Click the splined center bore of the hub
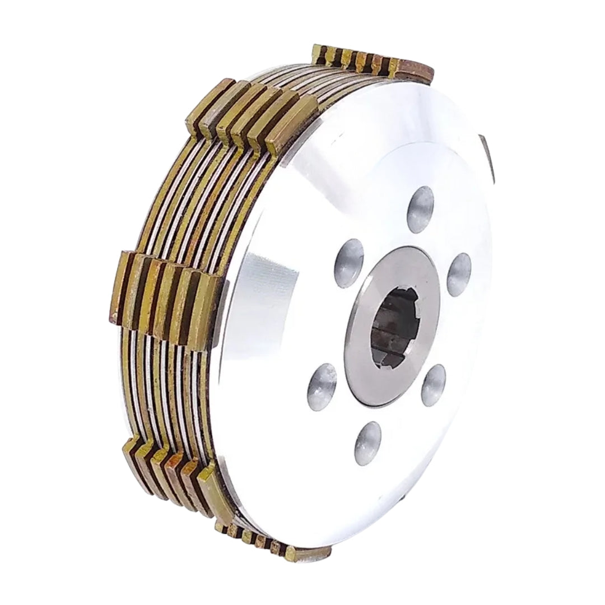pos(392,327)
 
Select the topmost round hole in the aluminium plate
pos(420,209)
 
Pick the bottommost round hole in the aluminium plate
pos(368,443)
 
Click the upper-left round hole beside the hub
pos(349,263)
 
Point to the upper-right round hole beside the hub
pos(459,274)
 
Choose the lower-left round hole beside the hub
pos(322,387)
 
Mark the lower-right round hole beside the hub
pos(434,385)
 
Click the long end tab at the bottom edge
pos(308,555)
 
